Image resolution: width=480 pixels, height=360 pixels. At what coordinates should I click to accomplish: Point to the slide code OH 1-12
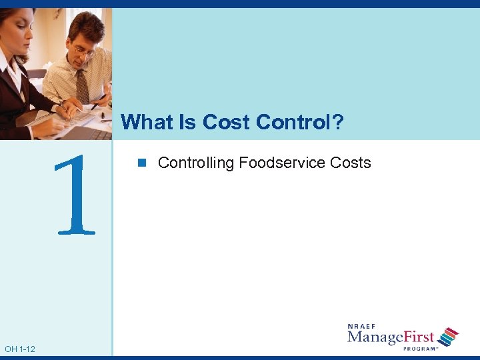click(20, 349)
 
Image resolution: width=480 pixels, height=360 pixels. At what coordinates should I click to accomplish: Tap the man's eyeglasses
click(83, 51)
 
